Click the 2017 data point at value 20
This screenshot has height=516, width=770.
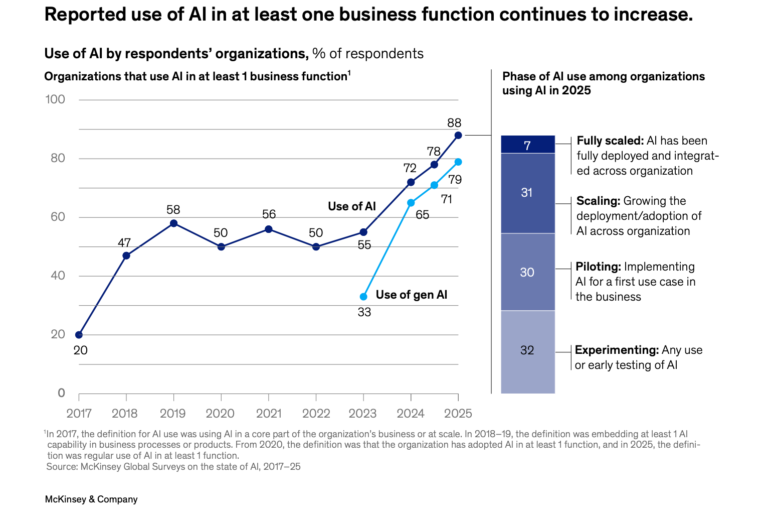79,335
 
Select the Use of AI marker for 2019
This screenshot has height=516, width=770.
173,223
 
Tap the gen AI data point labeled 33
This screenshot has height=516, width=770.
363,297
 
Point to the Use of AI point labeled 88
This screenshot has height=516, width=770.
458,135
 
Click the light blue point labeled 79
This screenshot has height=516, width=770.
458,162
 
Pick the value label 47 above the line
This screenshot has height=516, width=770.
124,243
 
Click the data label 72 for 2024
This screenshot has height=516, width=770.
410,168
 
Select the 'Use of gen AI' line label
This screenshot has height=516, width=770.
411,295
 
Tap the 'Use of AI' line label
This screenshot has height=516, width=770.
352,206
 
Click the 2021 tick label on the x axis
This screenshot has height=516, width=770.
269,413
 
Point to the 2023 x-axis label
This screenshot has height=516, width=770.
363,413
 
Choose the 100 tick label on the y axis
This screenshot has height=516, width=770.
55,99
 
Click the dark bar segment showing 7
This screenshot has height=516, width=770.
528,145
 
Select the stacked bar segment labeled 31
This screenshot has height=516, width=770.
528,193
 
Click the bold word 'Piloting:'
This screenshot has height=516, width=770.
598,267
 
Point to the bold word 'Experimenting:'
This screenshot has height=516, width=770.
617,350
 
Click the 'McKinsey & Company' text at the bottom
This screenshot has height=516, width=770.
91,499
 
